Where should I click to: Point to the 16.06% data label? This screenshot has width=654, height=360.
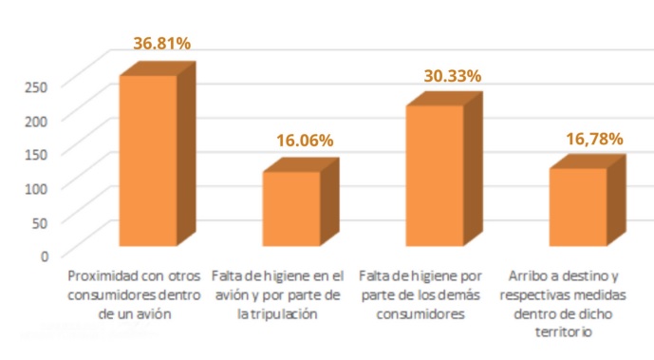[x=305, y=140]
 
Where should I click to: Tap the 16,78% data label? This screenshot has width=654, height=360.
[x=594, y=139]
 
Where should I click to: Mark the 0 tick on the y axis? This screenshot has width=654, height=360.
[x=44, y=255]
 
